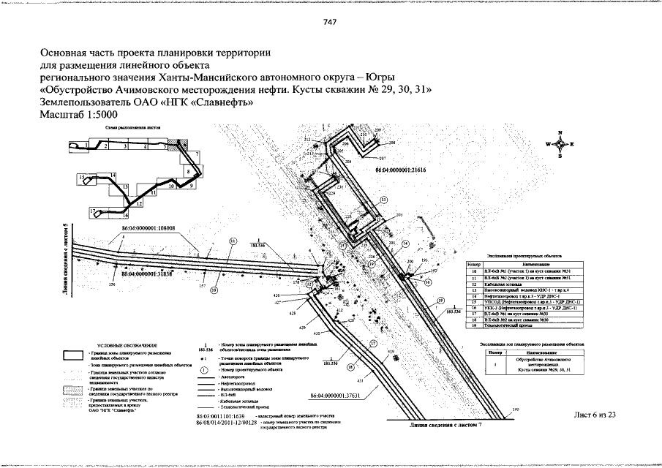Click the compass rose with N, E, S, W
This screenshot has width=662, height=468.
[x=560, y=144]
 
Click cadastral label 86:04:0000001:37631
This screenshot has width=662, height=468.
[x=336, y=396]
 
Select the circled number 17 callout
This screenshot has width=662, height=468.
[x=373, y=342]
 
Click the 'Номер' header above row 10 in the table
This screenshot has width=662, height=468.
[x=472, y=263]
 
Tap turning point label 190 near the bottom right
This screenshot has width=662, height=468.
[x=516, y=412]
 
